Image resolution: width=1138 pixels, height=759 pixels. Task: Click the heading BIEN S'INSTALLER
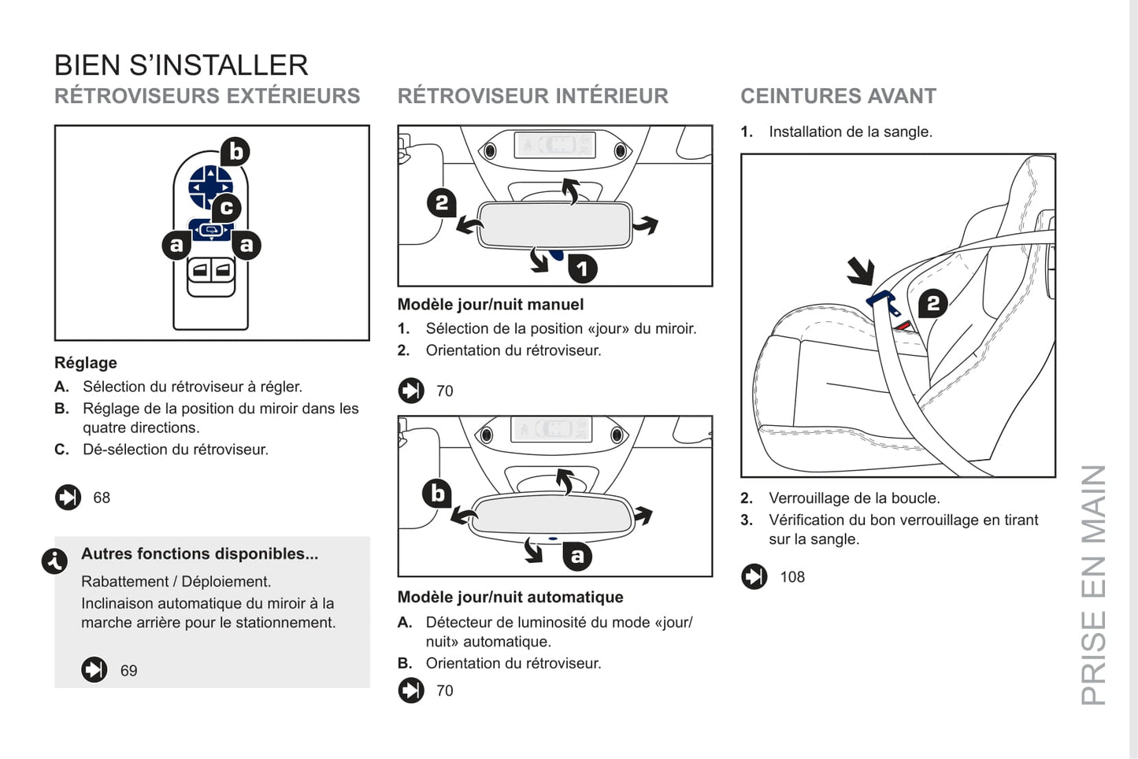(181, 65)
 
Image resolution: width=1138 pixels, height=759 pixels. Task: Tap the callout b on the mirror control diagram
(235, 151)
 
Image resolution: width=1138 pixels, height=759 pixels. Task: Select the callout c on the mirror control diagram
(227, 208)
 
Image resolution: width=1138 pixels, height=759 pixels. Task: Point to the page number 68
(102, 498)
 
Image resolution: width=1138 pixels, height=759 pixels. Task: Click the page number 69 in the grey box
(128, 671)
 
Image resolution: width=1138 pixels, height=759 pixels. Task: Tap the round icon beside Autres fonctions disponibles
(54, 561)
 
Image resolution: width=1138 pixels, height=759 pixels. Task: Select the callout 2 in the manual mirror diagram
(442, 203)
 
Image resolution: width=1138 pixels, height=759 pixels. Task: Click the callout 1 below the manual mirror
(582, 268)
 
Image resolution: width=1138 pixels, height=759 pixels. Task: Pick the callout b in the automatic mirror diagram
(437, 494)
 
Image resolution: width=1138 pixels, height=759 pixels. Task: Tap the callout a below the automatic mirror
(577, 556)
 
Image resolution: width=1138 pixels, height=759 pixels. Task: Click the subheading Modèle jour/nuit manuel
(490, 305)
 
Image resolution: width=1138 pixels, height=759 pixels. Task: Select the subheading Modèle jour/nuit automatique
(510, 598)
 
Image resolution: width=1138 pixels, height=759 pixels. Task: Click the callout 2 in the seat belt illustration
(932, 303)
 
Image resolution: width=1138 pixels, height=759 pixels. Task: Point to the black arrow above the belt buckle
(861, 271)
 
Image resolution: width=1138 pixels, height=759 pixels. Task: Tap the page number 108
(792, 577)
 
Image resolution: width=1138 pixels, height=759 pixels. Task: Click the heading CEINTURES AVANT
(838, 96)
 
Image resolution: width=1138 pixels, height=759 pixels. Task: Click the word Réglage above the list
(86, 363)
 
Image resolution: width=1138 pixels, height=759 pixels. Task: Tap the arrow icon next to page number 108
(754, 577)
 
